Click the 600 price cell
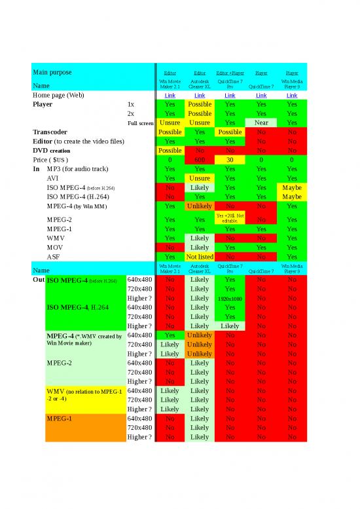click(200, 159)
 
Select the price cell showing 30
click(230, 159)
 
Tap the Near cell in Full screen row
click(261, 123)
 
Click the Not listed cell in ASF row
click(200, 257)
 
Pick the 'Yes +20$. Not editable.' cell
click(230, 217)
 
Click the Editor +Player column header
click(230, 73)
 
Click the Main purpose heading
click(52, 71)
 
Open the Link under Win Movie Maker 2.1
click(170, 95)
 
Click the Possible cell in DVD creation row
click(170, 150)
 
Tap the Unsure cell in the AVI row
click(200, 178)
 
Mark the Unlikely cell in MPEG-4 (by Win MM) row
click(200, 206)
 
